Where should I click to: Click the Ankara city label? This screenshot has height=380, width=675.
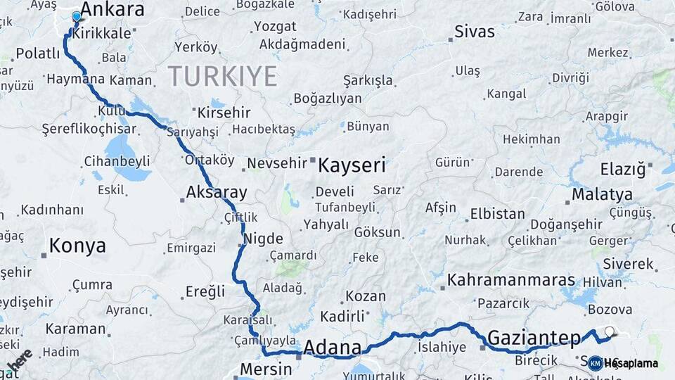coord(112,9)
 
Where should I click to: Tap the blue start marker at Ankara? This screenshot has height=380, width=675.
coord(77,15)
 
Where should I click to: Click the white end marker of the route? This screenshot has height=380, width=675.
coord(609,330)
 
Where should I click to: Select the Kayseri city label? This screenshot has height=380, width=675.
coord(352,165)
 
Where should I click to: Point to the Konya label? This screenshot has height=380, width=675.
coord(77,246)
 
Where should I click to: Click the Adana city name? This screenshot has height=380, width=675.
coord(332,347)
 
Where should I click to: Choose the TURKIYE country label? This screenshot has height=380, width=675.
coord(222,76)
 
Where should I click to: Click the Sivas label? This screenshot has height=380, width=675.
coord(475,32)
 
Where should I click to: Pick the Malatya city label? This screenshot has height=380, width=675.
coord(602,194)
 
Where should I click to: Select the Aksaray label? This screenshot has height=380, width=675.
coord(217,192)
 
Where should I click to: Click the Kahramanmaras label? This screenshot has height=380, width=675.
coord(511,279)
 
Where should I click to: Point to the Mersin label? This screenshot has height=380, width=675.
coord(266,368)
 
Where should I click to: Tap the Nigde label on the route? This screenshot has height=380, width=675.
coord(264,238)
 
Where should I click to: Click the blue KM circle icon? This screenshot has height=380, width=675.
coord(595,363)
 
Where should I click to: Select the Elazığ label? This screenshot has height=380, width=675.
coord(622,169)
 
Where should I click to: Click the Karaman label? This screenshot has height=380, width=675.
coord(75,328)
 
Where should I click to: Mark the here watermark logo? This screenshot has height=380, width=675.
coord(20,360)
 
